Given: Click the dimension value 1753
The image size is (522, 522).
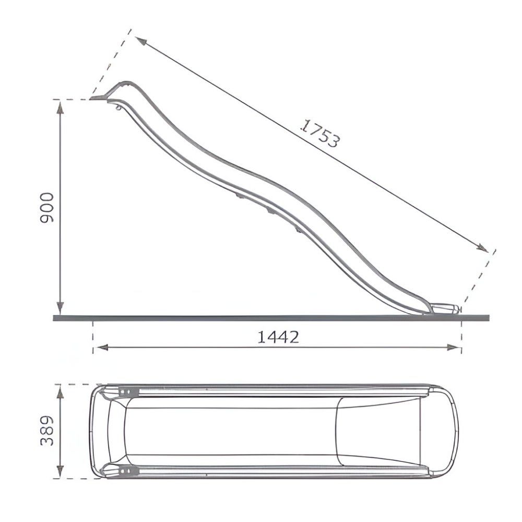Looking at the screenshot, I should [x=321, y=134].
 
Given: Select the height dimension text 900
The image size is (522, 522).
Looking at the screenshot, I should [x=47, y=207].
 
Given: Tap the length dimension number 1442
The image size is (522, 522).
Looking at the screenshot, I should [x=278, y=337].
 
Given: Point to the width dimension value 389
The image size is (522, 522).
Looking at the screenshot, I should [x=47, y=431].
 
